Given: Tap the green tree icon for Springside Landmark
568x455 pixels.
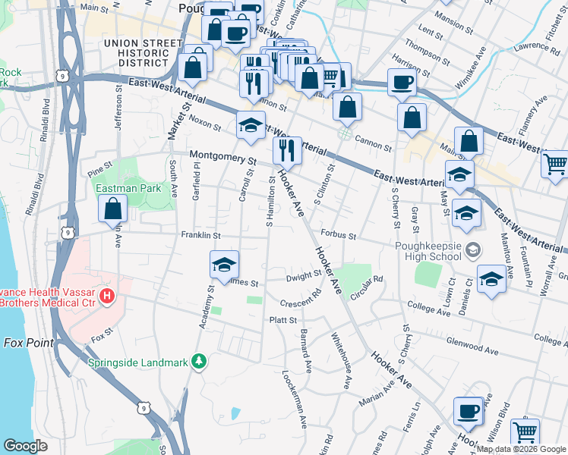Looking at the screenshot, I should [199, 361].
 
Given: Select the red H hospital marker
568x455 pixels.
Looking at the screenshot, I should [107, 295].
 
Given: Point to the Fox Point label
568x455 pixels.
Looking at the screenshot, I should [29, 343].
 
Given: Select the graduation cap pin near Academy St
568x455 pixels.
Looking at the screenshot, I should [224, 265].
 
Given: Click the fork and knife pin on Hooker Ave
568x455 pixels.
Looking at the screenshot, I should [287, 150].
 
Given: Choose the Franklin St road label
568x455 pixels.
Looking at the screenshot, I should [200, 235].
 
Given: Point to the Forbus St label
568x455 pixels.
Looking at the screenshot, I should [339, 235].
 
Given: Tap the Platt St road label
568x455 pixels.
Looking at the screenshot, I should [283, 321].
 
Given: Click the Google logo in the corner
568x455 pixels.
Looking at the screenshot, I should [26, 445].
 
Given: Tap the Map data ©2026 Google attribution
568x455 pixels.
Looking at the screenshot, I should [521, 449].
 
